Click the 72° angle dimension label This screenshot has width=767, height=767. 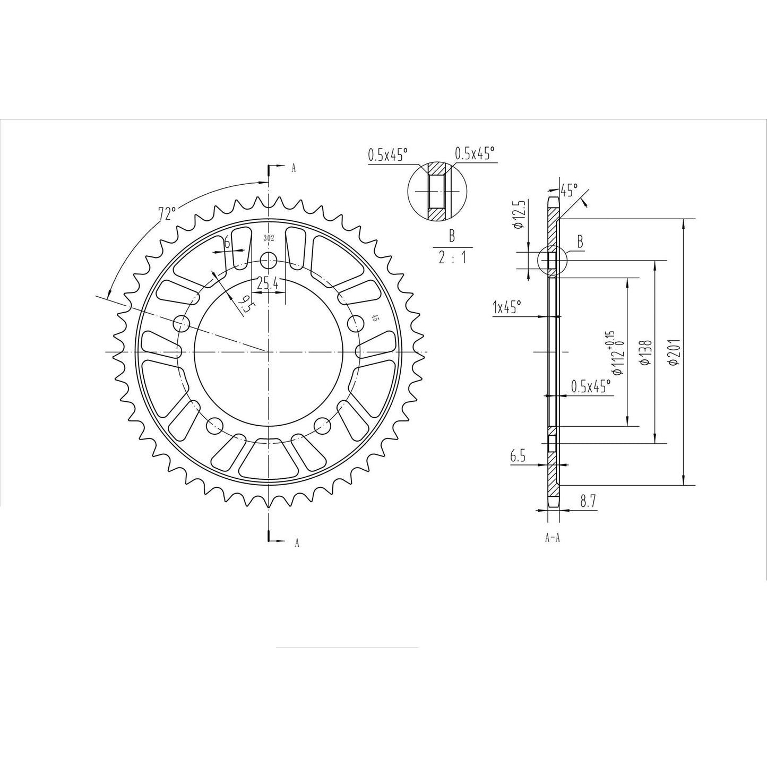coord(167,213)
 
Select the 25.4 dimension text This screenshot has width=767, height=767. coord(268,284)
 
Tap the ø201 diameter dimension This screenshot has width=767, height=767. coord(674,352)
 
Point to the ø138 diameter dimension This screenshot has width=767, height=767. coord(645,352)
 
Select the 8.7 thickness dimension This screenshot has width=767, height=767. coord(587,501)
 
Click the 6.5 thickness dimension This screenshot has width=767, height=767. coord(518,455)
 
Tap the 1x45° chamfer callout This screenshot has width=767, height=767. coord(507,307)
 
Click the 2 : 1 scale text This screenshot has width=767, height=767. coord(452,258)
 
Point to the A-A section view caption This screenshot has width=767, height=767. coord(552,538)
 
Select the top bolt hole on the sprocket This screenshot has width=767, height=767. coord(270,260)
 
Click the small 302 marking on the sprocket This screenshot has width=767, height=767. coord(269,238)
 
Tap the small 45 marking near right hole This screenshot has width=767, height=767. coord(375,318)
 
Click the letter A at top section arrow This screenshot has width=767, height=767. coord(293,169)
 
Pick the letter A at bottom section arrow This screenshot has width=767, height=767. coord(297,542)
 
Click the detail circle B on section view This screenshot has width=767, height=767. coord(552,261)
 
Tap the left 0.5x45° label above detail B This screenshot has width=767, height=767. coord(388,155)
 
